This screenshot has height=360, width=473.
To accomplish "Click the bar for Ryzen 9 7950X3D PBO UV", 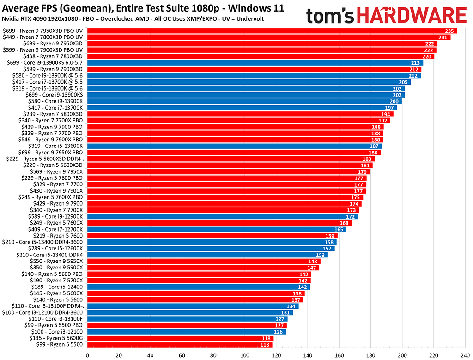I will pos(272,31).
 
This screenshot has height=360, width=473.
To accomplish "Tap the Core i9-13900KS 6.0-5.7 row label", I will pos(45,62).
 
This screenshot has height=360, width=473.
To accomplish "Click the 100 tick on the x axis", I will pos(245,356).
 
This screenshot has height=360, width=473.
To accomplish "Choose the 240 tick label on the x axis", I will pos(465,356).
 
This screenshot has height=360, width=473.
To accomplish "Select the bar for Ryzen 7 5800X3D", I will pos(240,114).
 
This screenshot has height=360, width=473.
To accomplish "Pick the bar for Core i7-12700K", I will pos(216,229).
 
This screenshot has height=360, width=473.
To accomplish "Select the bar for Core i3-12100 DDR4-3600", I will pos(189,312).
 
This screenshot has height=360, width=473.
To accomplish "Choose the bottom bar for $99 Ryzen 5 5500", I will pos(180,344).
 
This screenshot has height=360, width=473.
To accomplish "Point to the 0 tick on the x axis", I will pos(87,356).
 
